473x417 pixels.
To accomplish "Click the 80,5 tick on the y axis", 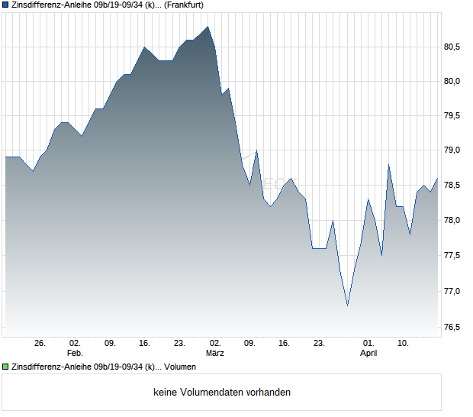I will coord(453,47).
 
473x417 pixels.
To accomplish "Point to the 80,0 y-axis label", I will coord(453,82).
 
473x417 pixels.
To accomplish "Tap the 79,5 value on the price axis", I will coord(453,116).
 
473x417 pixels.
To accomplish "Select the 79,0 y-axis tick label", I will coord(453,151).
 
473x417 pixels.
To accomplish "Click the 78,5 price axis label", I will coord(453,186).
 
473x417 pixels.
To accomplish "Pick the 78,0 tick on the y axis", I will coord(453,221).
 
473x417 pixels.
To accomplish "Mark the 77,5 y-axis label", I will coord(453,257).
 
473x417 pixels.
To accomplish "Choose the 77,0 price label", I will coord(453,292).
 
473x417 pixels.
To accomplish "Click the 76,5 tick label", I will coord(453,327).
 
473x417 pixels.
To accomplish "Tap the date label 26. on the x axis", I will coord(40,344).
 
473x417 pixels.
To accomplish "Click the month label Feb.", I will coord(74,354).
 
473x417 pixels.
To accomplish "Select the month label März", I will coord(215,354).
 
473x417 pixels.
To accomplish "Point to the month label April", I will coord(368,354).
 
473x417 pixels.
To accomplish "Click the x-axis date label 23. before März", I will coord(179,344).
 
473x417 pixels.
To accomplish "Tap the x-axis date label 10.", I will coord(404,344).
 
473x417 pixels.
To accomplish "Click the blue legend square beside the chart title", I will coord(6,5).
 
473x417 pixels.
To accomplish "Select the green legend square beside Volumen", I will coord(6,367).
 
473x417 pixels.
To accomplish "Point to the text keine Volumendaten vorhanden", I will coord(222,393).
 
